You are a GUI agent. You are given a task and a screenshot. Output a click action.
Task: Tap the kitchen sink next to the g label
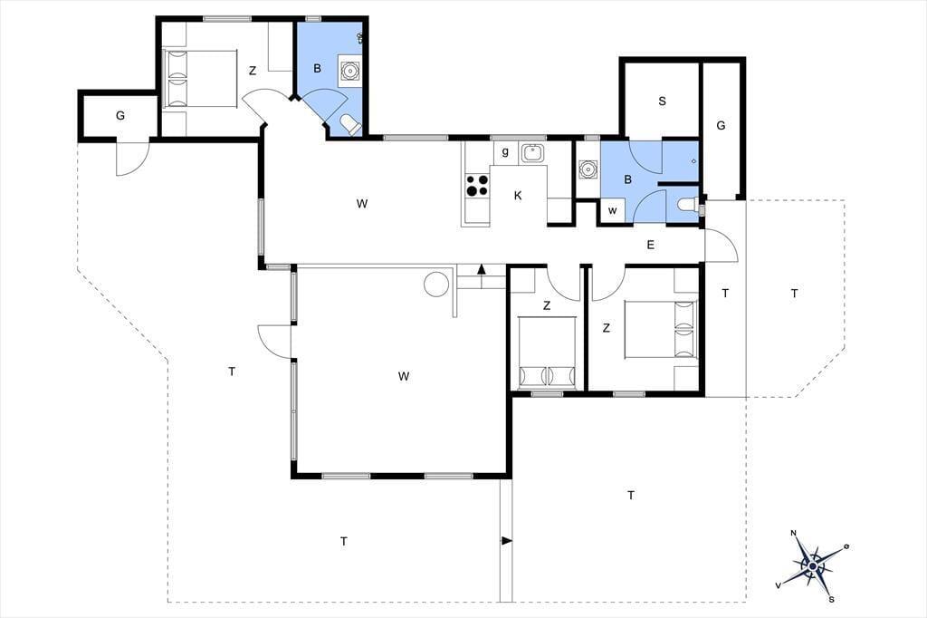pyautogui.click(x=533, y=153)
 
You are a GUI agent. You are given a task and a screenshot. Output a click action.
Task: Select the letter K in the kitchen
pyautogui.click(x=518, y=196)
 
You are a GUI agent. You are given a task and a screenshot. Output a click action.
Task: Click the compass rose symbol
pyautogui.click(x=813, y=566)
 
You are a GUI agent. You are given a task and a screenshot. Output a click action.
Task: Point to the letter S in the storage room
pyautogui.click(x=662, y=101)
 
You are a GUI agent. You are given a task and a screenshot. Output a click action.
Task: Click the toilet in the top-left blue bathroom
pyautogui.click(x=350, y=125)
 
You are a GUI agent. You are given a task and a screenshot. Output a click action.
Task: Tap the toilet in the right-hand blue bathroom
pyautogui.click(x=688, y=205)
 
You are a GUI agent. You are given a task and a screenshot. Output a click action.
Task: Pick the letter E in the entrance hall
pyautogui.click(x=650, y=245)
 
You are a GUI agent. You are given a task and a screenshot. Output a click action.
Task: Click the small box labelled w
pyautogui.click(x=613, y=211)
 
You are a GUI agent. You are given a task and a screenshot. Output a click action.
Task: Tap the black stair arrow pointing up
pyautogui.click(x=482, y=269)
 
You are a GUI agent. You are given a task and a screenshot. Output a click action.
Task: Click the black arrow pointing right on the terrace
pyautogui.click(x=507, y=540)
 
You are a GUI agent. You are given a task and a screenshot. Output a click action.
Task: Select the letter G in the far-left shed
pyautogui.click(x=120, y=115)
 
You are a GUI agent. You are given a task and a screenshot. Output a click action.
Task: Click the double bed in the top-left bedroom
pyautogui.click(x=200, y=79)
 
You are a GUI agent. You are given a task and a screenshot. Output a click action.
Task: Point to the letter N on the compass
pyautogui.click(x=793, y=533)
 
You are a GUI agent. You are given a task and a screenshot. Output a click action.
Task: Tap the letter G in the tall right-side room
pyautogui.click(x=721, y=125)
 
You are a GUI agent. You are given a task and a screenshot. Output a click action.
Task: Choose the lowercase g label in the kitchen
pyautogui.click(x=505, y=152)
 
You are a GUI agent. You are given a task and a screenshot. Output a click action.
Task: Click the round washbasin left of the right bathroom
pyautogui.click(x=587, y=169)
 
